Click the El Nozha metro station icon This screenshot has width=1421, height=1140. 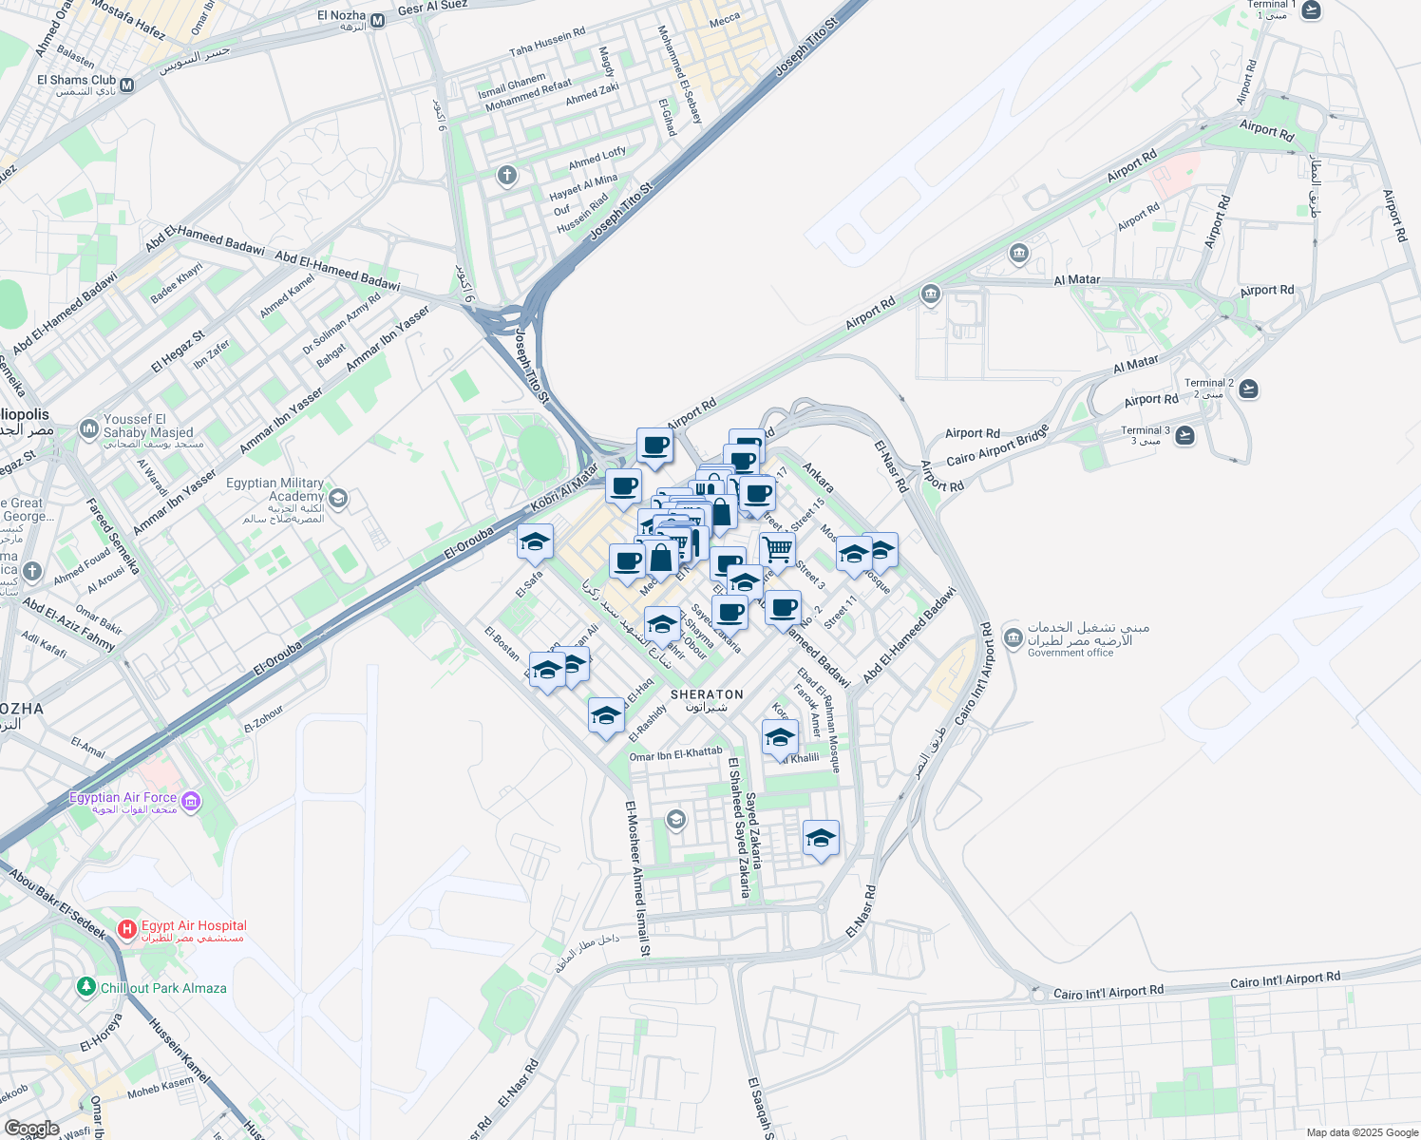(378, 20)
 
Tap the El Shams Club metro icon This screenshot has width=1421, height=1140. (127, 85)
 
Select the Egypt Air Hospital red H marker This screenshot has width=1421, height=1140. (127, 928)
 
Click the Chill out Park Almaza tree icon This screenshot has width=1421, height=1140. (86, 987)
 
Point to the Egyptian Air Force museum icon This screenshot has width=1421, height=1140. (191, 802)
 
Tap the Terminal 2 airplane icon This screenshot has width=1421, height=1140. (1248, 389)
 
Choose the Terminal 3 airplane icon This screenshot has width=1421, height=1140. (1184, 435)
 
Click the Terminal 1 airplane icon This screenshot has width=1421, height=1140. (1311, 9)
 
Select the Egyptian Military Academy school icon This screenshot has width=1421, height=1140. (337, 498)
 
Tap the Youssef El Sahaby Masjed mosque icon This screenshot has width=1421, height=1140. (88, 428)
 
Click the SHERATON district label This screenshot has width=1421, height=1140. (707, 695)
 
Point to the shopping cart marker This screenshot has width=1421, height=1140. (777, 549)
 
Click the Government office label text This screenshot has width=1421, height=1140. (1070, 653)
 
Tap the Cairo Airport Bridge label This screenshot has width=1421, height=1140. (997, 446)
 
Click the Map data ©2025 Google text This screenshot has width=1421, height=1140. (1362, 1132)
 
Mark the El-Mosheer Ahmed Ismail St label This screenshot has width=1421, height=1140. (637, 878)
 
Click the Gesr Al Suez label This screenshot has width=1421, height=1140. (432, 9)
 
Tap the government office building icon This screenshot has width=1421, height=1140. (1012, 636)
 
